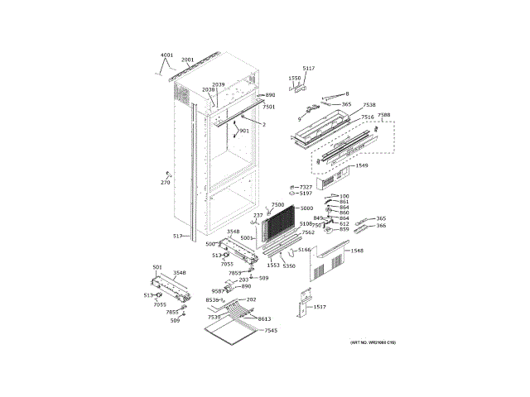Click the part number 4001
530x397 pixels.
[x=167, y=55]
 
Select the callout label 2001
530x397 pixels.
[x=188, y=60]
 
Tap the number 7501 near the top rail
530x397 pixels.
[x=268, y=107]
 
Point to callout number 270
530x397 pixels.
[x=165, y=182]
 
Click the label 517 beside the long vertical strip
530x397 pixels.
[x=177, y=237]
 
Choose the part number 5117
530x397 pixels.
[x=309, y=69]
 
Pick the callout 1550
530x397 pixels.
[x=294, y=78]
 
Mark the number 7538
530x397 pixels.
[x=369, y=105]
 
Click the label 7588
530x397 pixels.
[x=383, y=116]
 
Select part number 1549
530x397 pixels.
[x=362, y=165]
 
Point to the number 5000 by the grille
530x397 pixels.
[x=306, y=208]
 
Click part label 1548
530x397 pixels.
[x=357, y=251]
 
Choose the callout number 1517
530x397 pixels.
[x=320, y=307]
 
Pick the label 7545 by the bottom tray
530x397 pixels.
[x=270, y=331]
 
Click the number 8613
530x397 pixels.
[x=264, y=318]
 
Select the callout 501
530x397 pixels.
[x=157, y=266]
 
